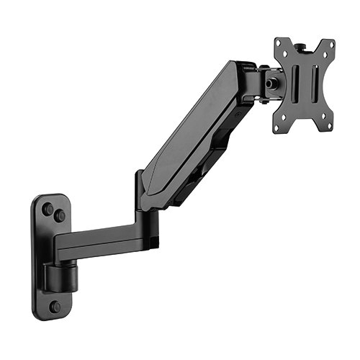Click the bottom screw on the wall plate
click(55, 307)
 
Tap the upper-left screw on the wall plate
click(48, 209)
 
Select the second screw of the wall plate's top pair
click(60, 215)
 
